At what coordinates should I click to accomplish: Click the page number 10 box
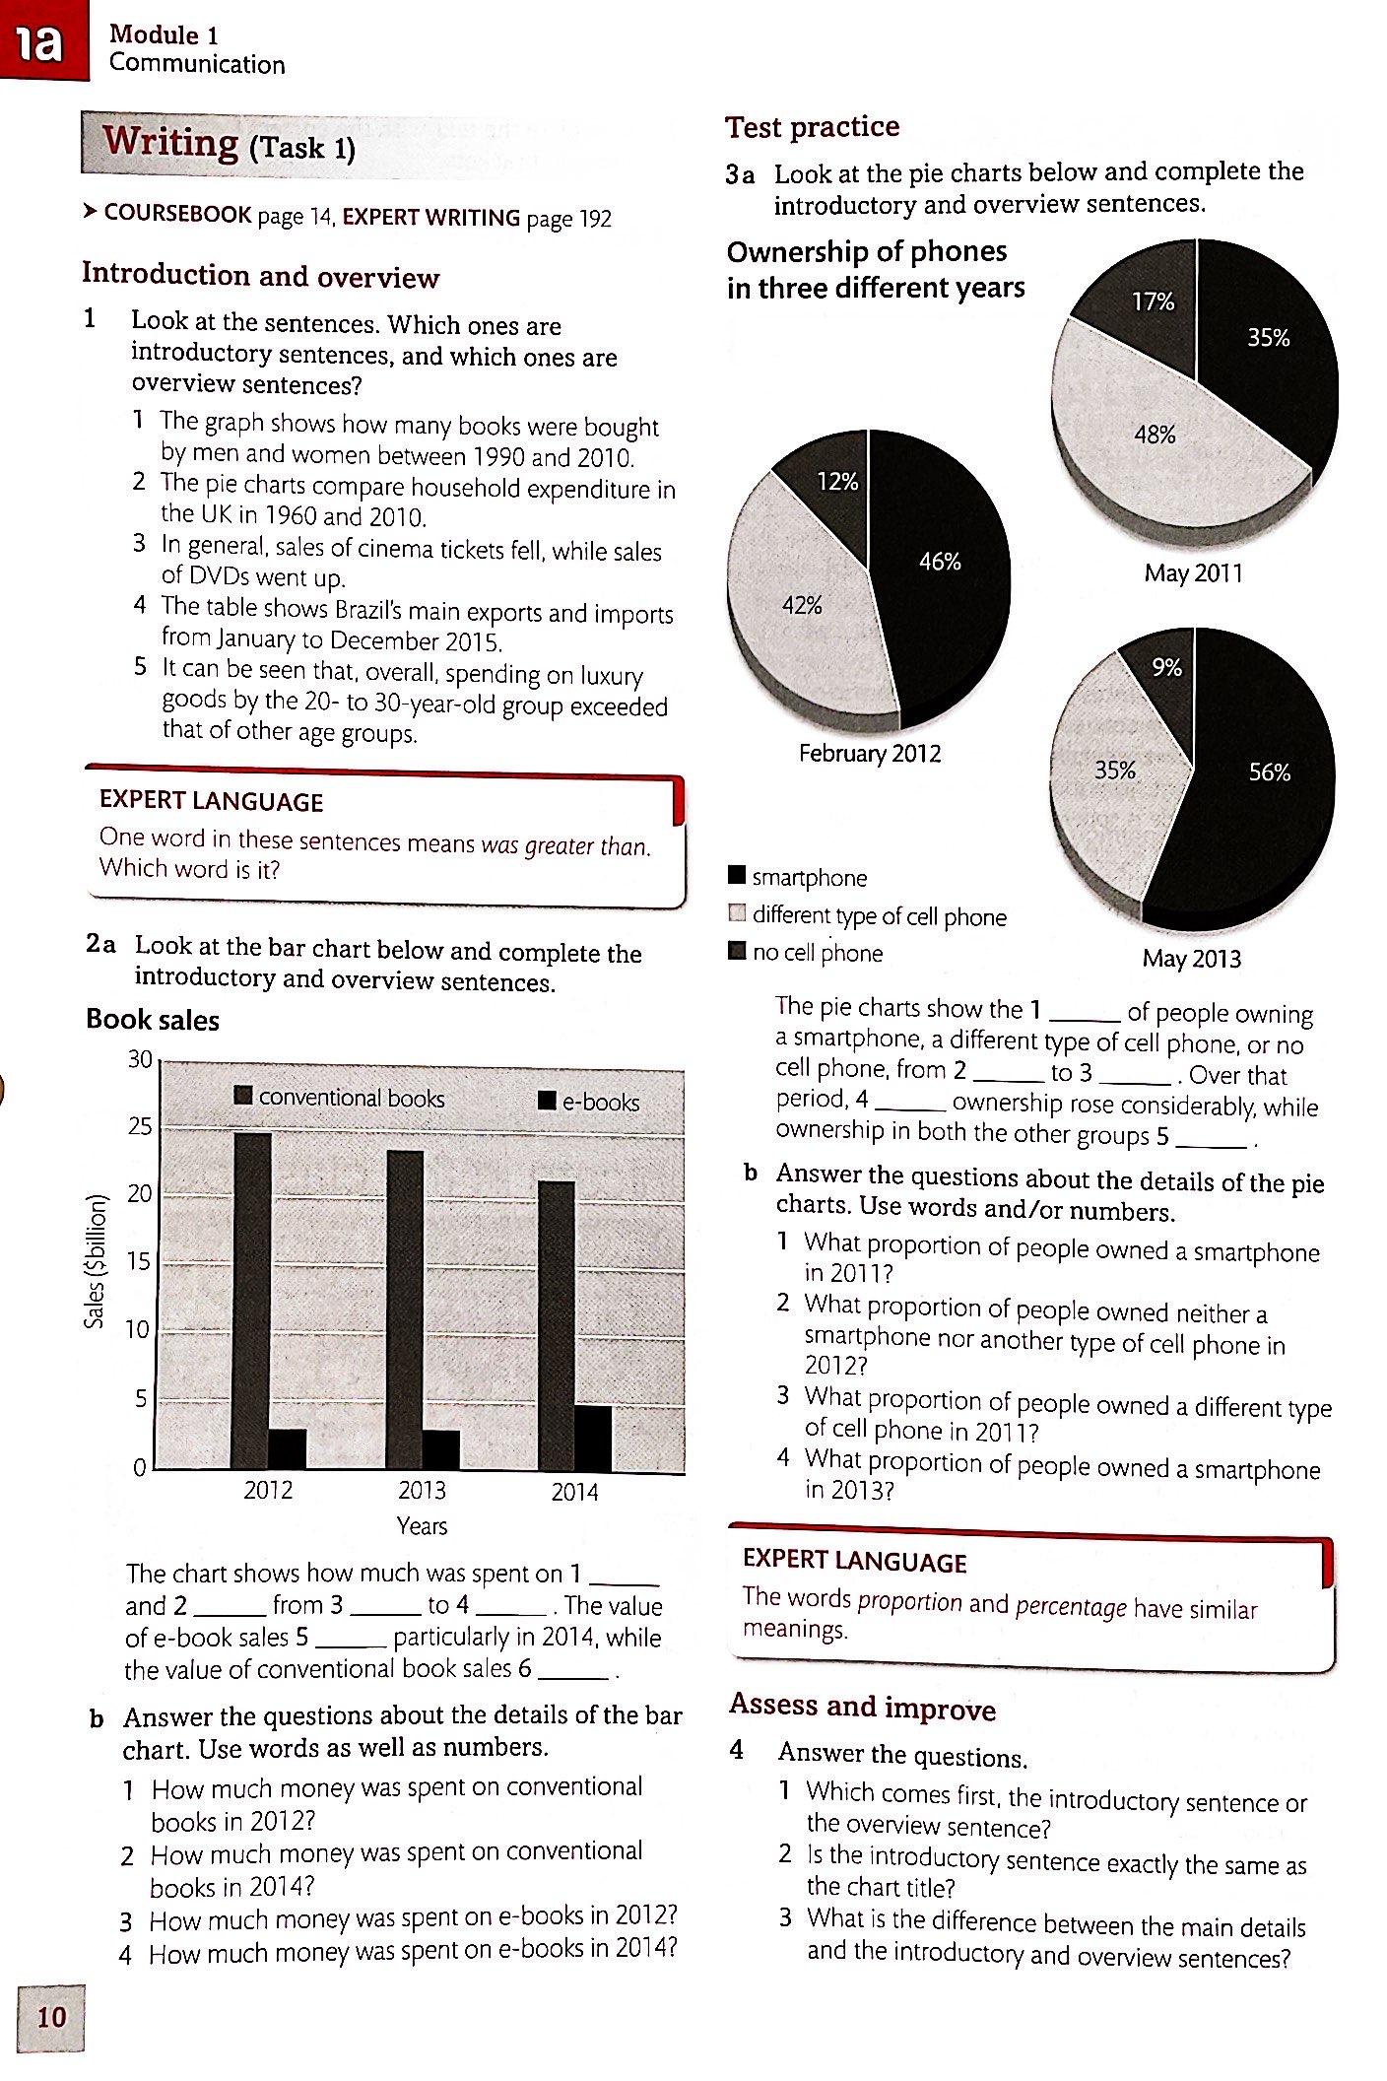(x=50, y=2018)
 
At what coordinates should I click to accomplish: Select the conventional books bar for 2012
(x=251, y=1301)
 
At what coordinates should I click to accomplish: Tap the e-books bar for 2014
(x=593, y=1438)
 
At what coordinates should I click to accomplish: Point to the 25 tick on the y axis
(x=140, y=1126)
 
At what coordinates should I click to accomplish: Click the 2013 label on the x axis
(x=422, y=1490)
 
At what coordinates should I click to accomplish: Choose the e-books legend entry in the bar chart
(x=589, y=1102)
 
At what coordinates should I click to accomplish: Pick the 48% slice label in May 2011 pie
(x=1155, y=435)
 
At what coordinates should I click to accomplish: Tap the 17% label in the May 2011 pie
(x=1153, y=302)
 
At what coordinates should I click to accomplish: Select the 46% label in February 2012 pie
(x=940, y=562)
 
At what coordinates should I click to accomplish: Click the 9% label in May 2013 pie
(x=1166, y=668)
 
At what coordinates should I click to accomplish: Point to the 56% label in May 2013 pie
(x=1269, y=772)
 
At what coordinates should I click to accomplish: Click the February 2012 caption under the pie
(x=870, y=754)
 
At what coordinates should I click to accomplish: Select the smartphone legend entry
(x=798, y=877)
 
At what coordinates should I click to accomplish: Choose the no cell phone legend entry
(x=805, y=953)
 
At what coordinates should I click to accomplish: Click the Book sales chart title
(x=153, y=1020)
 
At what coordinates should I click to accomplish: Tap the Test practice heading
(x=813, y=127)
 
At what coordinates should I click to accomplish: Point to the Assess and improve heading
(x=863, y=1708)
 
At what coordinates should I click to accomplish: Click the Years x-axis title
(x=422, y=1526)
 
